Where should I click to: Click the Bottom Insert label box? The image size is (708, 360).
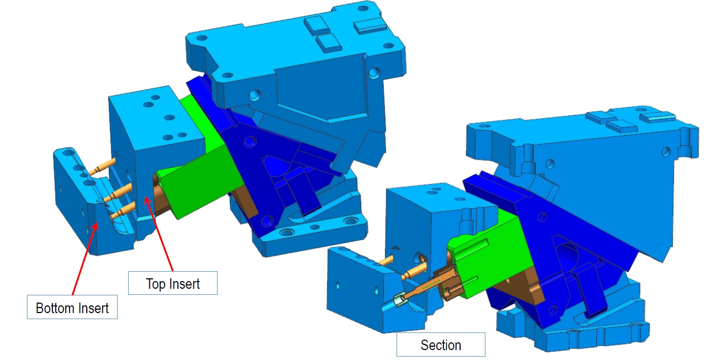click(72, 307)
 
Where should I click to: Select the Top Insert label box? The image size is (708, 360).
click(172, 283)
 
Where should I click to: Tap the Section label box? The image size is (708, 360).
click(441, 344)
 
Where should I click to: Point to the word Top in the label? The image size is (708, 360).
click(155, 284)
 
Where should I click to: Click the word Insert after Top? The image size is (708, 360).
click(184, 284)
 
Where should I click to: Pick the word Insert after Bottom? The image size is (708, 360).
click(93, 308)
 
